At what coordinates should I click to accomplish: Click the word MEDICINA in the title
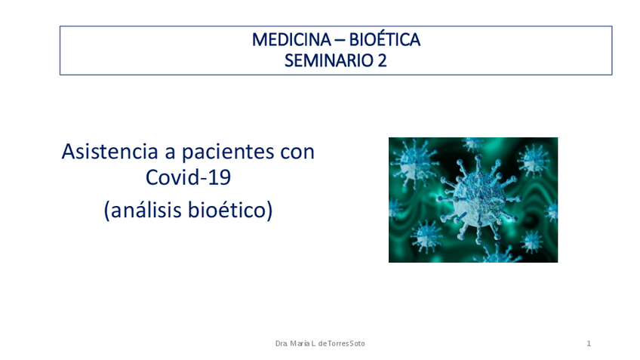coord(291,40)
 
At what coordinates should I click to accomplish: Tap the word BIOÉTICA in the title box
coord(384,40)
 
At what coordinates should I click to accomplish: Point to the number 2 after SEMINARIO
coord(382,61)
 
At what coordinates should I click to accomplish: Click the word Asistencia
coord(109,152)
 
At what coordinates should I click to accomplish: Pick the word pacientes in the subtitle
coord(228,152)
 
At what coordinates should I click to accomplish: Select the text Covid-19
coord(188,177)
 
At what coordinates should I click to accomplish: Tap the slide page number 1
coord(589,343)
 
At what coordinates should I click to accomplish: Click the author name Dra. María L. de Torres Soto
coord(320,343)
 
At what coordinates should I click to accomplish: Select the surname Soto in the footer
coord(357,343)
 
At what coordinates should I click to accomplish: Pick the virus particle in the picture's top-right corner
coord(534,159)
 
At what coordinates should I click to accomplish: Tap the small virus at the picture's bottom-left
coord(426,237)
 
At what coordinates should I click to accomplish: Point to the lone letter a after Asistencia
coord(170,153)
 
